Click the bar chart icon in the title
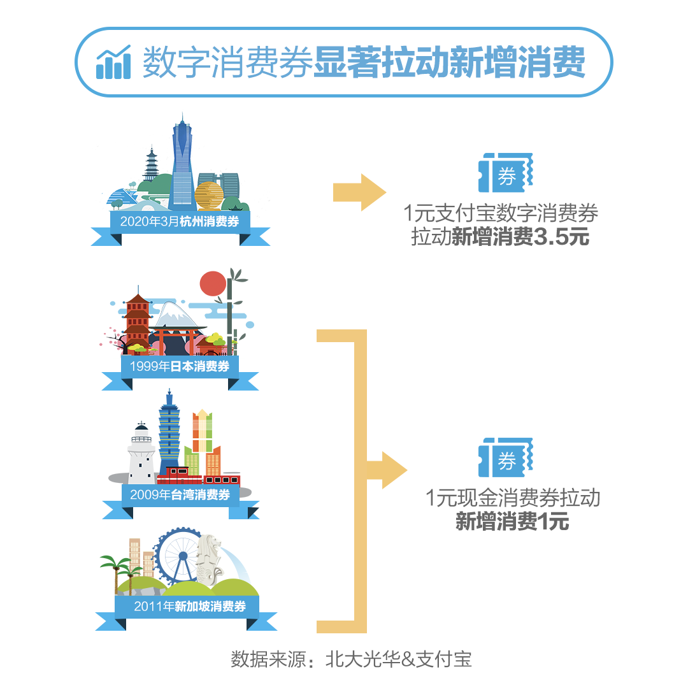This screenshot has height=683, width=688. point(113,62)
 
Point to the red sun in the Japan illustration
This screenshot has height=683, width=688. point(213,284)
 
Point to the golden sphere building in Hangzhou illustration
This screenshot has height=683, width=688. point(209,196)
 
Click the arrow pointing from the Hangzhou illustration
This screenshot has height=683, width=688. point(359,192)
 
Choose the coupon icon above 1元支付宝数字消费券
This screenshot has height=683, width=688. point(505,173)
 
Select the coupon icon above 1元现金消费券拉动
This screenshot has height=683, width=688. point(505,457)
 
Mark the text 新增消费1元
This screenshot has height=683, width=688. point(512,521)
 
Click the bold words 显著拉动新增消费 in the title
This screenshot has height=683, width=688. point(449,62)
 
